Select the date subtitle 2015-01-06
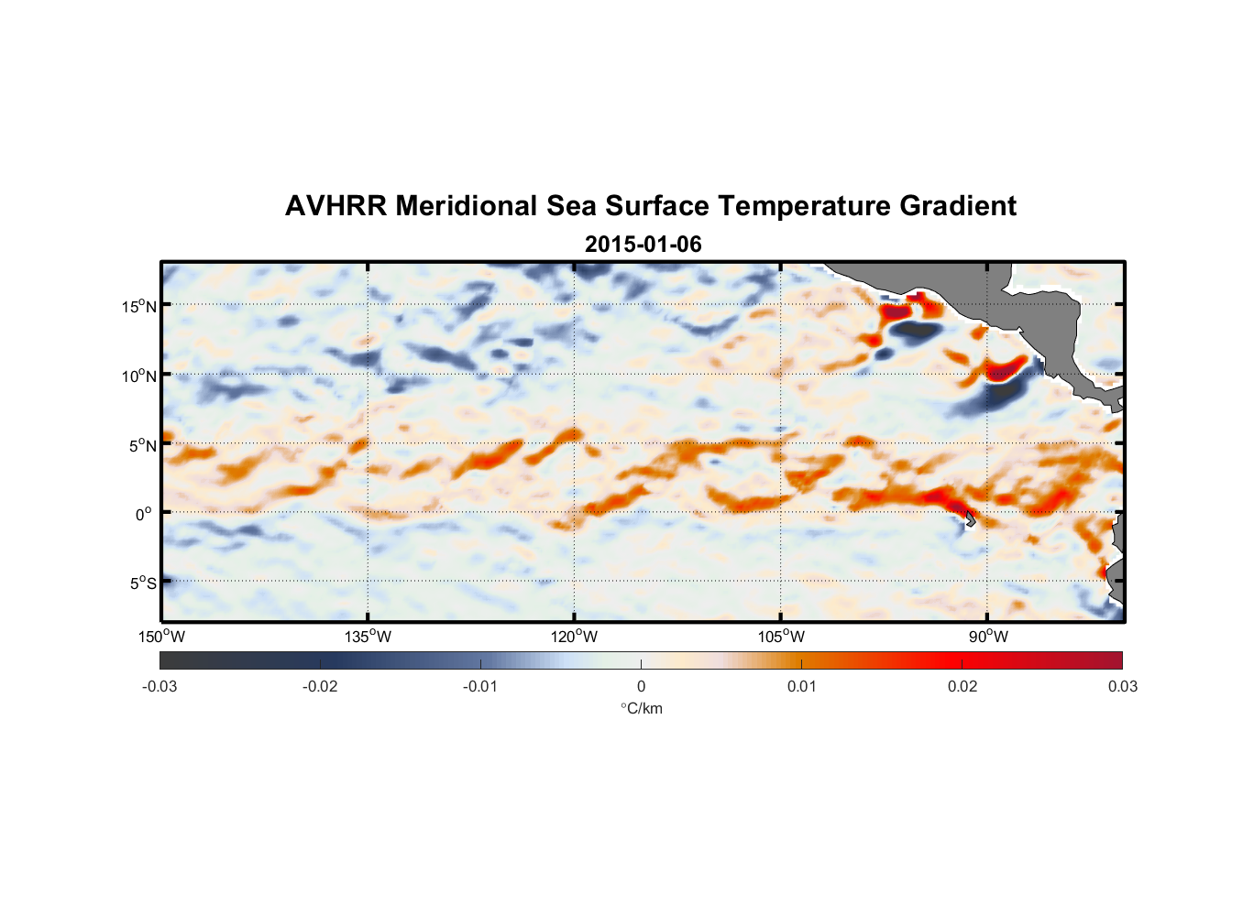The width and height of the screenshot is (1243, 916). [x=643, y=245]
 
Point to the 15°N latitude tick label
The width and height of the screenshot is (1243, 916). [x=139, y=306]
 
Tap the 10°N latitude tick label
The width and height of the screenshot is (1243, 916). [x=139, y=376]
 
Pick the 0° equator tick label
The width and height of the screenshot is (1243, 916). [x=144, y=515]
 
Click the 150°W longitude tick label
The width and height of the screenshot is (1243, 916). [x=162, y=637]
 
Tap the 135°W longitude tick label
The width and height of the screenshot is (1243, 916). [x=368, y=637]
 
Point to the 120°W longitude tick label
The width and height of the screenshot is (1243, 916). [x=575, y=637]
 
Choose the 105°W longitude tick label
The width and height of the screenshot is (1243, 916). [x=781, y=637]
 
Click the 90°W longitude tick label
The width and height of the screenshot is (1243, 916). [x=988, y=637]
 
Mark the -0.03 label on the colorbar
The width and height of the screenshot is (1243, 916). [x=159, y=687]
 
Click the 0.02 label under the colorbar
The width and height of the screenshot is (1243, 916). [x=962, y=687]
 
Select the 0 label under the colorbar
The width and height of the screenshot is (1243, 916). [x=641, y=687]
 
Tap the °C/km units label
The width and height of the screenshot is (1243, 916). [x=642, y=708]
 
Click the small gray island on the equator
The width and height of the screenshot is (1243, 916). [x=969, y=520]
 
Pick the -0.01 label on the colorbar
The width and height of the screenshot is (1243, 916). [x=480, y=687]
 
